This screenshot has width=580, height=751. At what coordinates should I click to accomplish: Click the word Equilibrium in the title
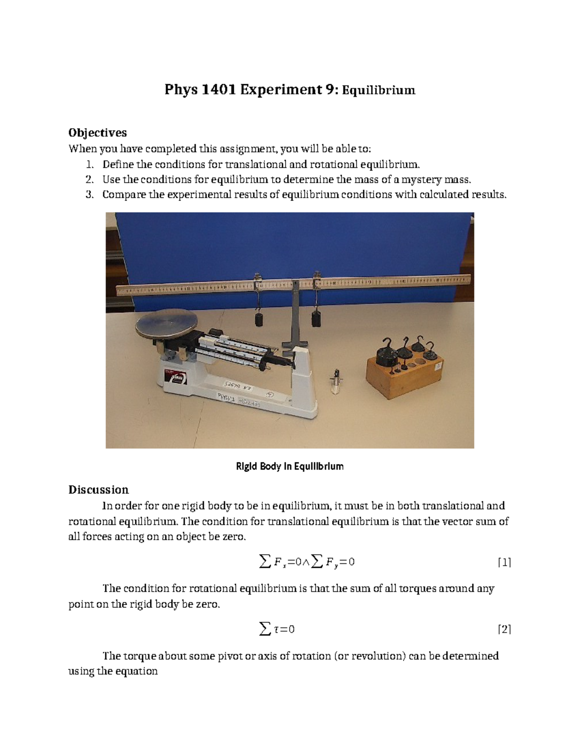click(378, 90)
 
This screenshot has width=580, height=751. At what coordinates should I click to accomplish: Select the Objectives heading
click(97, 133)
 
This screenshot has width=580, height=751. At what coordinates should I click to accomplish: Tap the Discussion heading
click(98, 489)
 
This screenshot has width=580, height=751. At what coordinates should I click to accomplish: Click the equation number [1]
click(504, 562)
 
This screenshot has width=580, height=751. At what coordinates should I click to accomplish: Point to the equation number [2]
click(504, 629)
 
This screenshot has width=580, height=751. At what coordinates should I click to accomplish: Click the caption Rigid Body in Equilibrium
click(290, 467)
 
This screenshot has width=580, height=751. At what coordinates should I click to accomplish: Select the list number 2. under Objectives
click(89, 179)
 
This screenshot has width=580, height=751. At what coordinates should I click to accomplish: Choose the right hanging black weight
click(316, 319)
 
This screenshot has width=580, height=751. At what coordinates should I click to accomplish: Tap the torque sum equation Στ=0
click(277, 629)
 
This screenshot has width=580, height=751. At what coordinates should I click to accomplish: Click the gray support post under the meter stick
click(295, 314)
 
